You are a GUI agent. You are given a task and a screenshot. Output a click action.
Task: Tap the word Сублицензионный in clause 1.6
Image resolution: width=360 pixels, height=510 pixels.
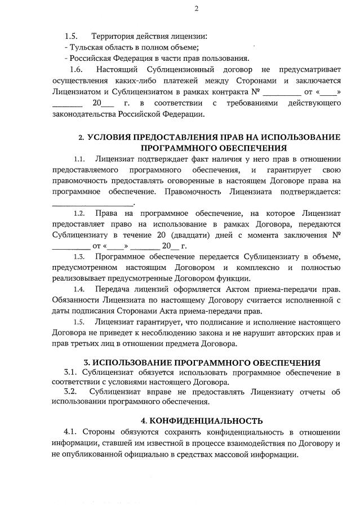(169, 70)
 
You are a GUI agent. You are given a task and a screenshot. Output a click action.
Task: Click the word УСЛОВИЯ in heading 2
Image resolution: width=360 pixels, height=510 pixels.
(116, 138)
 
